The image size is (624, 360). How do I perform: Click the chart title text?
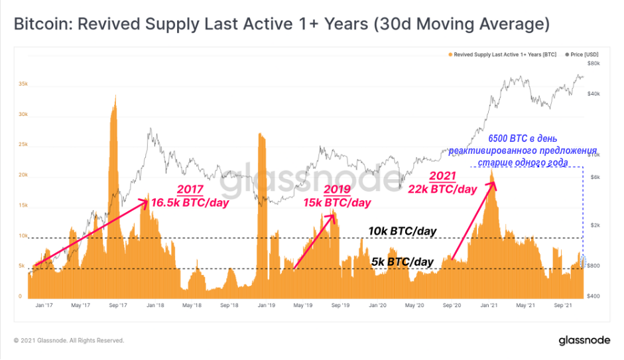pos(282,24)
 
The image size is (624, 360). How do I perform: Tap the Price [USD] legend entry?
pos(582,54)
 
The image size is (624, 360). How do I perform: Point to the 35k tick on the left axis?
pos(23,84)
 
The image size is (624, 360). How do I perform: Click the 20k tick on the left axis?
pos(23,175)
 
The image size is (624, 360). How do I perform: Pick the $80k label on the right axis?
pos(593,64)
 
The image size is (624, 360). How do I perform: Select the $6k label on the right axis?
pos(595,178)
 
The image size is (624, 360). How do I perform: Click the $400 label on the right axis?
pos(593,296)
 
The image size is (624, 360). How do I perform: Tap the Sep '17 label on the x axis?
pos(118,306)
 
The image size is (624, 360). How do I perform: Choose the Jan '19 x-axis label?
pos(266,306)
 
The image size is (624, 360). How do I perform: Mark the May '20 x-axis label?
pos(414,306)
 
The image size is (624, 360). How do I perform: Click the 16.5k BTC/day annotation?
pos(190,202)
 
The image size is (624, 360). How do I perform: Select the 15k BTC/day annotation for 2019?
pos(337,202)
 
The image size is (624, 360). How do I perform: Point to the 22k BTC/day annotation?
pos(442,189)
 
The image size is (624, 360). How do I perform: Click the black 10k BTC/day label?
pos(403,231)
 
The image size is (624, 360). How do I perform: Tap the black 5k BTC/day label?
pos(403,262)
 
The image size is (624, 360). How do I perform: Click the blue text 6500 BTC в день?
pos(523,139)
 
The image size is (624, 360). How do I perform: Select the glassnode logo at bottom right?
pos(584,341)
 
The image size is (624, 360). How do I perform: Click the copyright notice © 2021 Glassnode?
pos(69,341)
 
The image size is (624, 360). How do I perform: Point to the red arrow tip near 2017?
pos(148,200)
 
